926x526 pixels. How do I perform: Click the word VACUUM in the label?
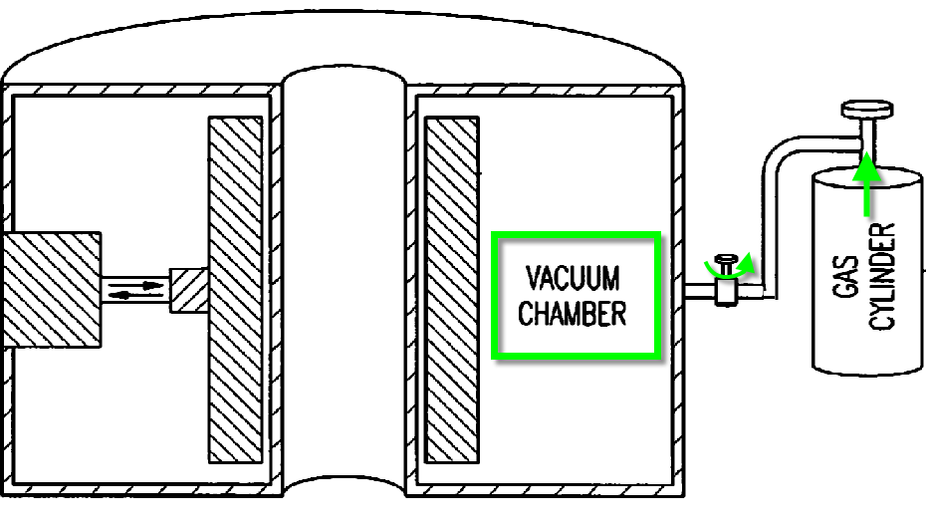572,276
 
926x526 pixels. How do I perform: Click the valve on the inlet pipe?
726,291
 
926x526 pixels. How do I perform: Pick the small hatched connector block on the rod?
189,290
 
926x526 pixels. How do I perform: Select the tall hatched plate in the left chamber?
235,290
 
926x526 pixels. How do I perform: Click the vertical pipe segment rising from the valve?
767,229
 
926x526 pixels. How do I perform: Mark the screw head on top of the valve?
727,258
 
